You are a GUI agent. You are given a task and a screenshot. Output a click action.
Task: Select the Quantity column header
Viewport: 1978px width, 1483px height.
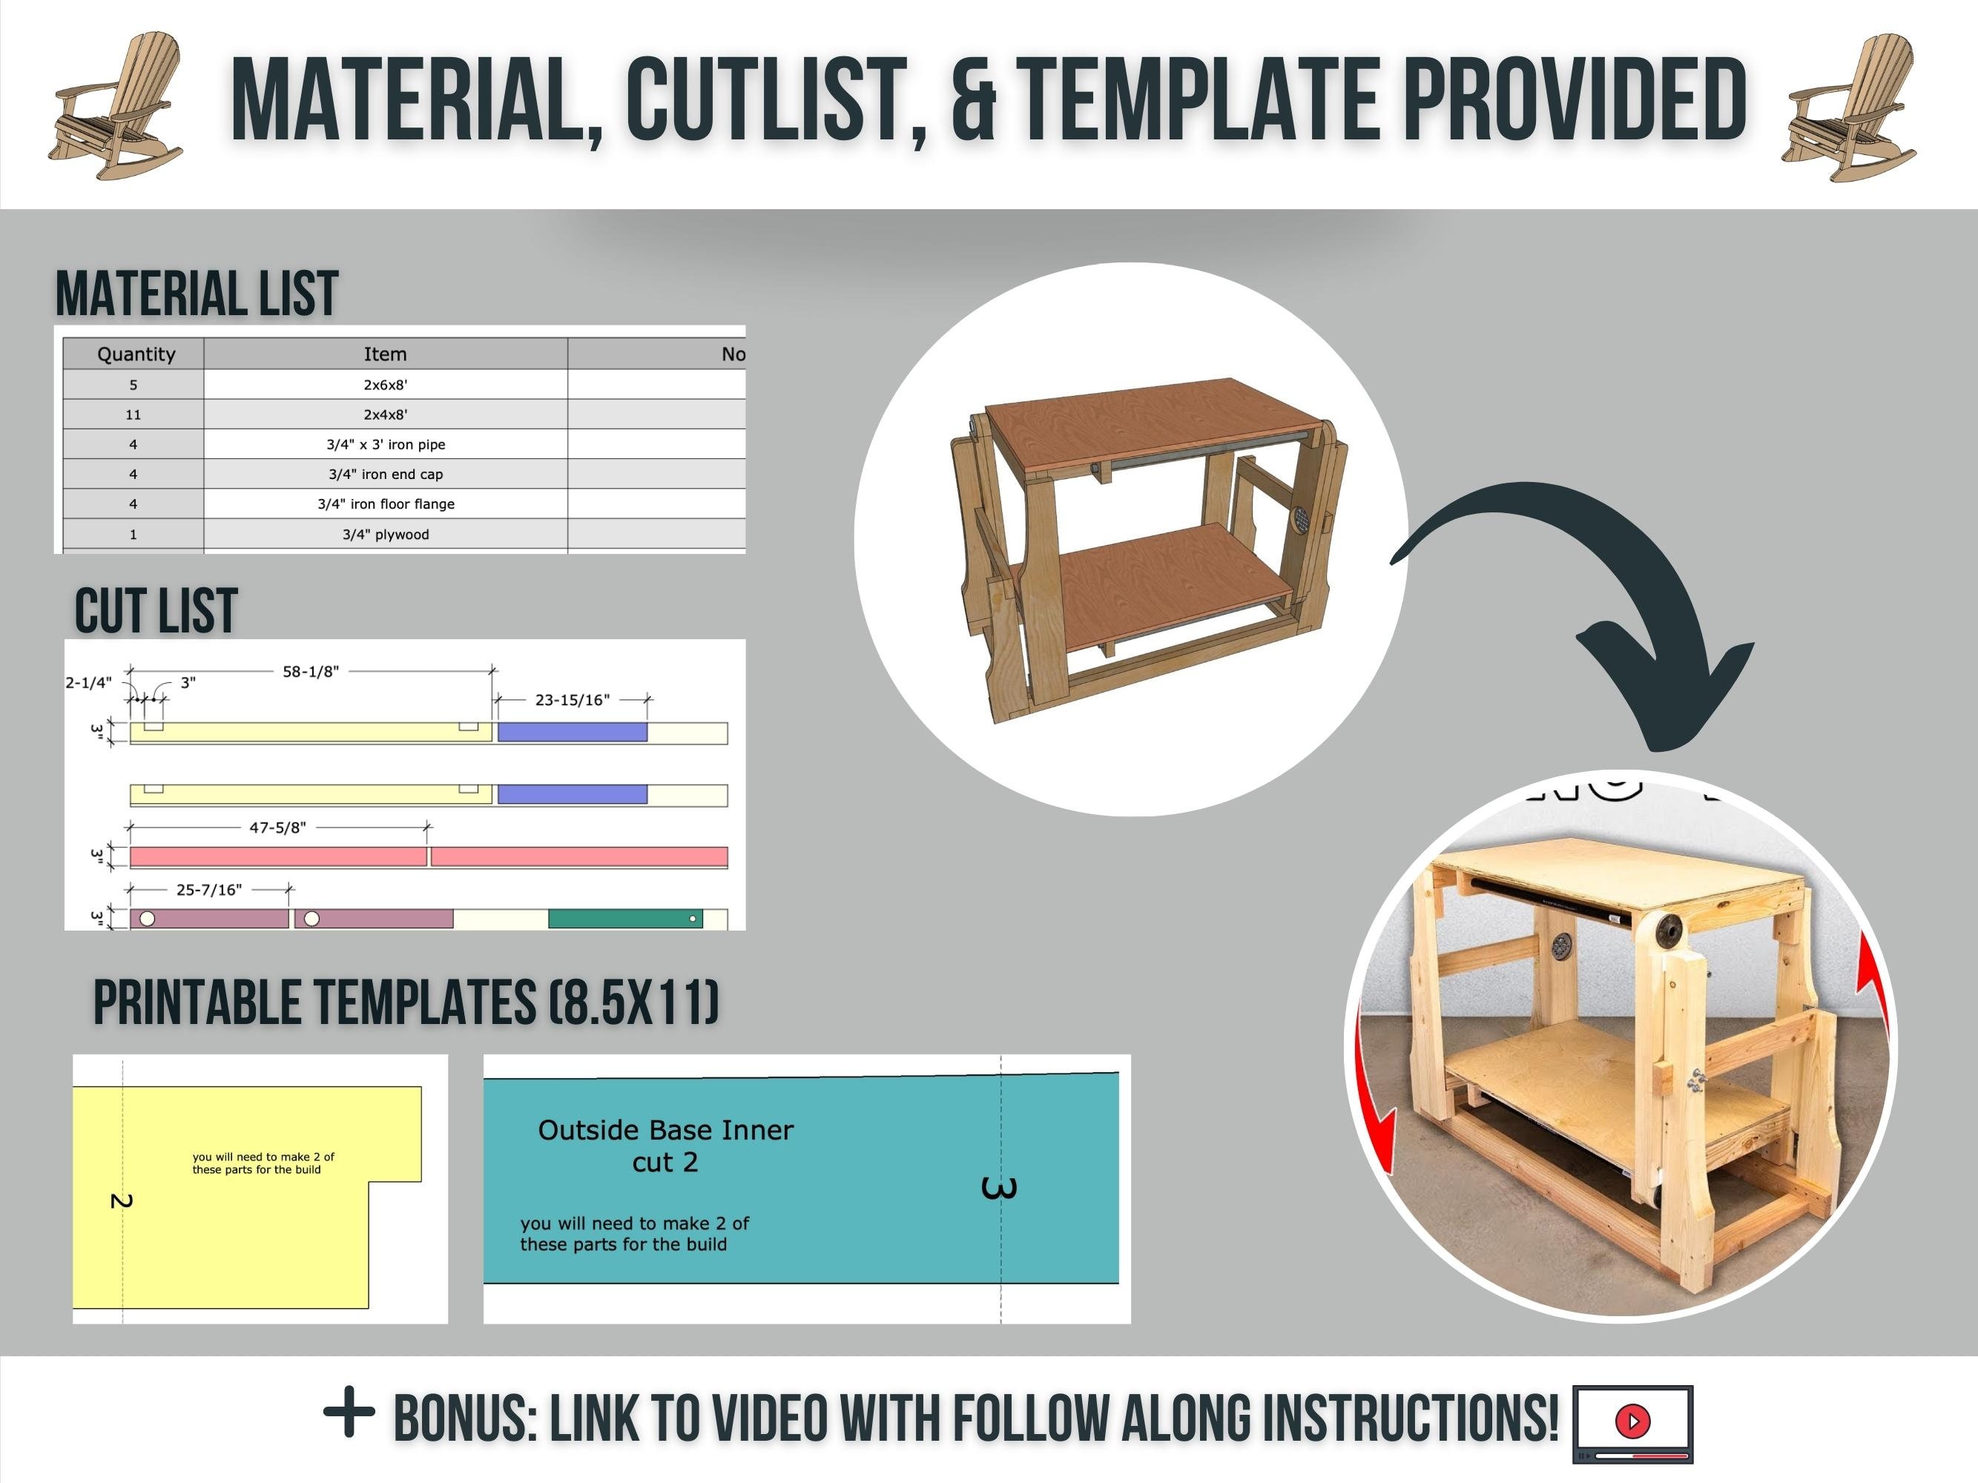pos(136,354)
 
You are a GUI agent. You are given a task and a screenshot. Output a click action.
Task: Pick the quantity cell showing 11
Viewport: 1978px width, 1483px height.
pos(133,414)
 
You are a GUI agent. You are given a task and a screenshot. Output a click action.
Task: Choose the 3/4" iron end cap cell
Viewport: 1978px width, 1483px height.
pos(386,475)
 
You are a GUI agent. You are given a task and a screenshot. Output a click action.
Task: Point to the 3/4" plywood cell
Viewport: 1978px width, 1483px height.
pos(386,535)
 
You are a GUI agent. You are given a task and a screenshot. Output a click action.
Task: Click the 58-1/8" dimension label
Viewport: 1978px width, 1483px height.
pos(310,671)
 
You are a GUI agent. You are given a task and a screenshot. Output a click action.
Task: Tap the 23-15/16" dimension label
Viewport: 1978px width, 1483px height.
pos(573,700)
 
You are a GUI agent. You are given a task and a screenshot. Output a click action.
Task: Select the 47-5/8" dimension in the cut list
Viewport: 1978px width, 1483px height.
pos(277,828)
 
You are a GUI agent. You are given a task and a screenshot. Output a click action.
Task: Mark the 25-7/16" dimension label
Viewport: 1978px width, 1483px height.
pos(208,890)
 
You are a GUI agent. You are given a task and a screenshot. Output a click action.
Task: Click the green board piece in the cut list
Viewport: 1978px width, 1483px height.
pos(624,918)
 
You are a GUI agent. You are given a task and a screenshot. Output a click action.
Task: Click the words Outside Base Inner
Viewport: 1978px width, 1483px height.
pos(665,1130)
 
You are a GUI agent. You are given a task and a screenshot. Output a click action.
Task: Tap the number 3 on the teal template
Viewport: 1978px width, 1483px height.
pos(999,1188)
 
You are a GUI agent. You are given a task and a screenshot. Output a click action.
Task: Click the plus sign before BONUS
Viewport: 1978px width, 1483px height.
pos(349,1413)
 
